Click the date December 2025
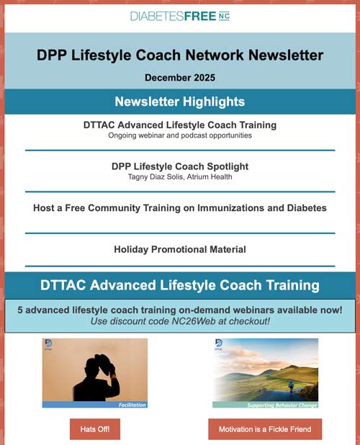pyautogui.click(x=180, y=77)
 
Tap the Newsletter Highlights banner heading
pyautogui.click(x=180, y=102)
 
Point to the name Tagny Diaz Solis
pyautogui.click(x=141, y=177)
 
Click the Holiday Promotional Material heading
pyautogui.click(x=180, y=249)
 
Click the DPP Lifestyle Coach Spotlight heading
pyautogui.click(x=180, y=166)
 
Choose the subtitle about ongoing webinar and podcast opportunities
pyautogui.click(x=180, y=135)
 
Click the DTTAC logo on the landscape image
pyautogui.click(x=218, y=345)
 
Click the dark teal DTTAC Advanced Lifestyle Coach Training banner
pyautogui.click(x=180, y=285)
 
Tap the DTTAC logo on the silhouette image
pyautogui.click(x=48, y=345)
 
